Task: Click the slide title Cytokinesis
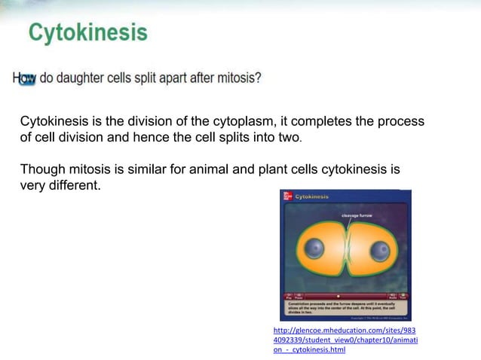pos(88,33)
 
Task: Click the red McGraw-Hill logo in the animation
pos(287,197)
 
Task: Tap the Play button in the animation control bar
pos(287,296)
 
